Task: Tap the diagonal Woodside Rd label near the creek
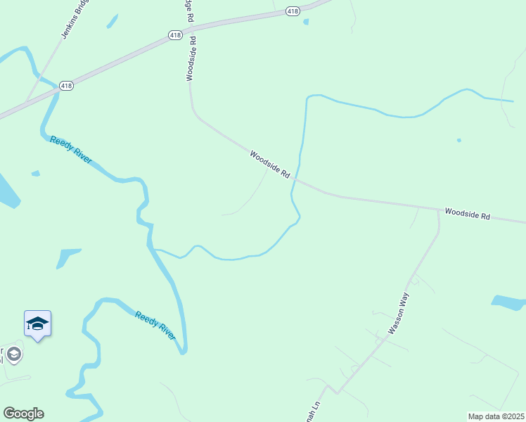pos(270,164)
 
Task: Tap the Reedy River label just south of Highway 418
pos(70,149)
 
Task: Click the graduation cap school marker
pos(37,324)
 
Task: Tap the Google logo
pos(23,414)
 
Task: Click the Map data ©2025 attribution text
pos(496,416)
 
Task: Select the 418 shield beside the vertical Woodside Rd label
pos(176,34)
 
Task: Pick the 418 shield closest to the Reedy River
pos(66,85)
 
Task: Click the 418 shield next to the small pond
pos(293,11)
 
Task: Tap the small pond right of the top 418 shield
pos(306,22)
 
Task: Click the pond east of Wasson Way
pos(508,303)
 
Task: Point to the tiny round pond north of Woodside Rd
pos(459,140)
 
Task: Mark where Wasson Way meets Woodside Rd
pos(437,210)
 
